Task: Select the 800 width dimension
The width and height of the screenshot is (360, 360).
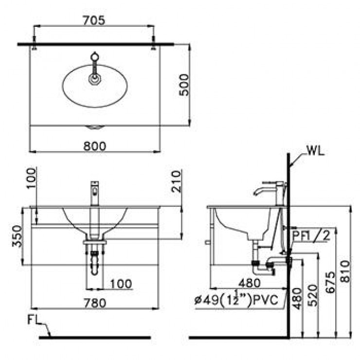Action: tap(95, 144)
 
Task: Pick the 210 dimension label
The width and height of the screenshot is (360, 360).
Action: tap(176, 181)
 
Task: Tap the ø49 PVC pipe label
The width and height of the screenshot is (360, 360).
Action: tap(238, 300)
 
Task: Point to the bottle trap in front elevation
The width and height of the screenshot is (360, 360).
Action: tap(94, 265)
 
